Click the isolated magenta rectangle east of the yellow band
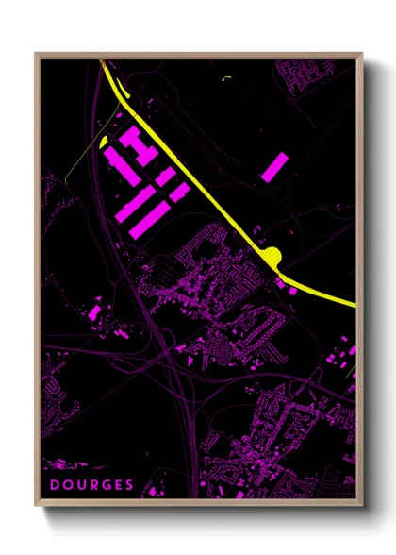point(274,166)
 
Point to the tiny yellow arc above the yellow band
point(225,77)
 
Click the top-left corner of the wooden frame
point(37,54)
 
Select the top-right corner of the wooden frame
point(361,54)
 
